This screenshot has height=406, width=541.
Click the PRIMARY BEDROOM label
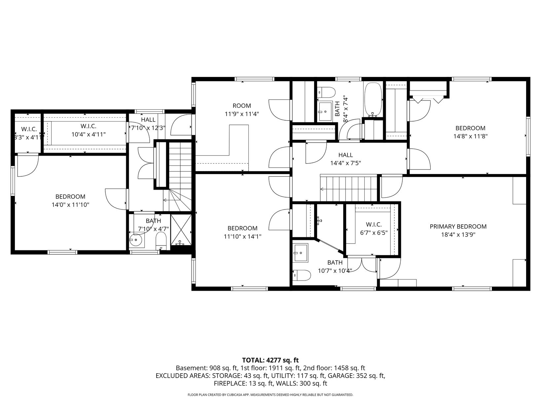click(458, 227)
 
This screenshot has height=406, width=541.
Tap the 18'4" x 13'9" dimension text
click(458, 235)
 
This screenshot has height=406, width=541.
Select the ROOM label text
click(242, 106)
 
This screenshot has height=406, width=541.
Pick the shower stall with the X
click(181, 230)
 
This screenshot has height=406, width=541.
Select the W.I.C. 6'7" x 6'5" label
click(374, 229)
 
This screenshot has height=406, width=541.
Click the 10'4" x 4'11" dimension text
click(89, 134)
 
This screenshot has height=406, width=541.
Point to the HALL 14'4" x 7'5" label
click(345, 159)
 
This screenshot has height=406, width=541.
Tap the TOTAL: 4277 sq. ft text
click(270, 360)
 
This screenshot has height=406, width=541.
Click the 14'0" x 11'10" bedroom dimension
click(70, 204)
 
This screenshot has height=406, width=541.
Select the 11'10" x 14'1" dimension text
click(242, 237)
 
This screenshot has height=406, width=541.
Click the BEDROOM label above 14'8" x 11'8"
click(471, 128)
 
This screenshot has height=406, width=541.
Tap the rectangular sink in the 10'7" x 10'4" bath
click(301, 253)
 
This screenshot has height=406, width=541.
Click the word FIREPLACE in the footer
click(230, 384)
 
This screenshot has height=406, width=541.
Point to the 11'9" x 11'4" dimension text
click(242, 114)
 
